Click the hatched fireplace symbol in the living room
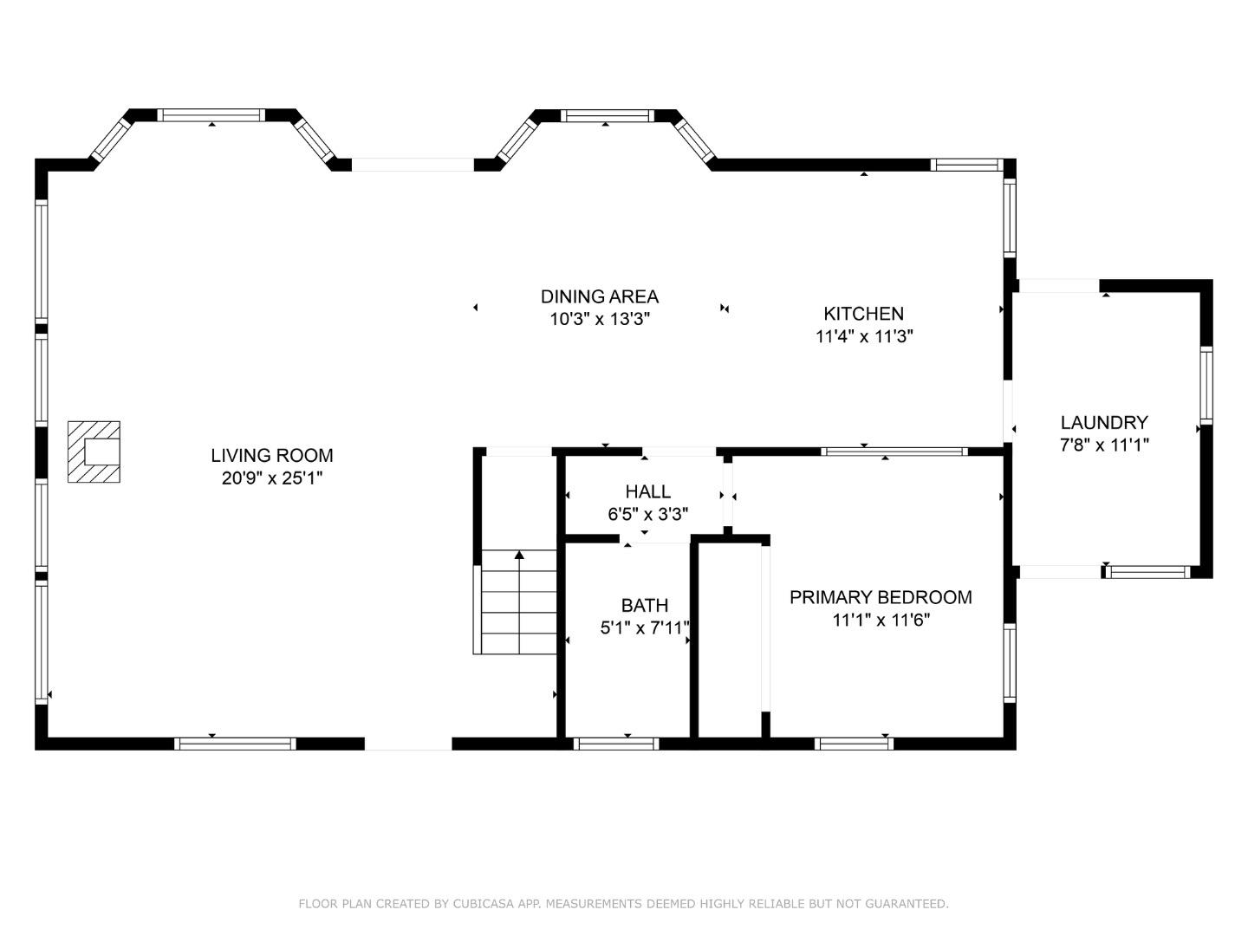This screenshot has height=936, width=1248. point(94,452)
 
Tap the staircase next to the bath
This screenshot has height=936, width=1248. point(518,602)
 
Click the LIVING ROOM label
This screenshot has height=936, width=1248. point(271,455)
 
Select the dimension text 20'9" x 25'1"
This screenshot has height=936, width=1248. point(271,478)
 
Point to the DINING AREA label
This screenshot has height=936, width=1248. point(600,296)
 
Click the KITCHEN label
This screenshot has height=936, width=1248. point(863,314)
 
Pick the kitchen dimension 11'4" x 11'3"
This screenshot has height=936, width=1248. point(864,336)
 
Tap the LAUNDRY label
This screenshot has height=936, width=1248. point(1104,422)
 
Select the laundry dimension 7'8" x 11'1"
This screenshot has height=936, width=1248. point(1104,445)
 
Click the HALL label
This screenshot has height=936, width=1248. point(647,491)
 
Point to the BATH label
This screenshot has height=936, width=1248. point(644,605)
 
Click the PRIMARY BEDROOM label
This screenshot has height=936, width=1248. point(881,597)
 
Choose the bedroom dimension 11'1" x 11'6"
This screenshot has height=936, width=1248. point(881,620)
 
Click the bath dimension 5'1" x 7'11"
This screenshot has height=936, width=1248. point(645,627)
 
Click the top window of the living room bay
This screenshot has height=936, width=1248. point(211,114)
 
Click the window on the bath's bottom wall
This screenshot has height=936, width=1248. point(616,743)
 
